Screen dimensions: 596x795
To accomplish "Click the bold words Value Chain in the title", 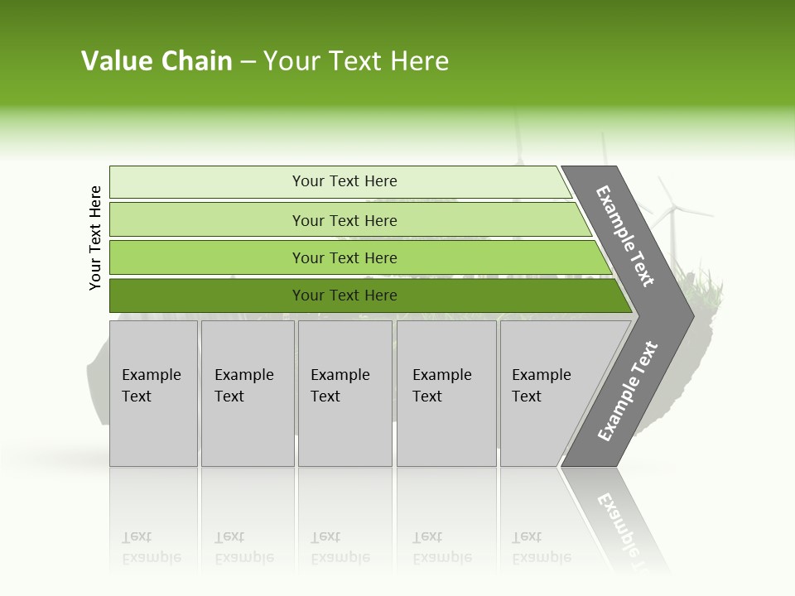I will [x=157, y=61].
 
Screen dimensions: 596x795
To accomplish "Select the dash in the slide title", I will [x=248, y=62].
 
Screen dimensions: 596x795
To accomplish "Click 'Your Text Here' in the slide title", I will [x=356, y=61].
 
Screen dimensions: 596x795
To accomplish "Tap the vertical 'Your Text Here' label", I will [x=95, y=238].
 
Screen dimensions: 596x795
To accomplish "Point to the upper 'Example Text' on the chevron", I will [x=625, y=236].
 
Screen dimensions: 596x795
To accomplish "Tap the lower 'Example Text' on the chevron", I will [x=628, y=391].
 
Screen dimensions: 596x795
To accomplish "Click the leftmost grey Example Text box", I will [x=153, y=393].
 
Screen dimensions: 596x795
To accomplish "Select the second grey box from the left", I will [x=247, y=393].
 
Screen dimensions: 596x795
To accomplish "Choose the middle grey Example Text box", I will [x=344, y=393].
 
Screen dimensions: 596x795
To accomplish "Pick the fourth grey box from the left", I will [x=446, y=393].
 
